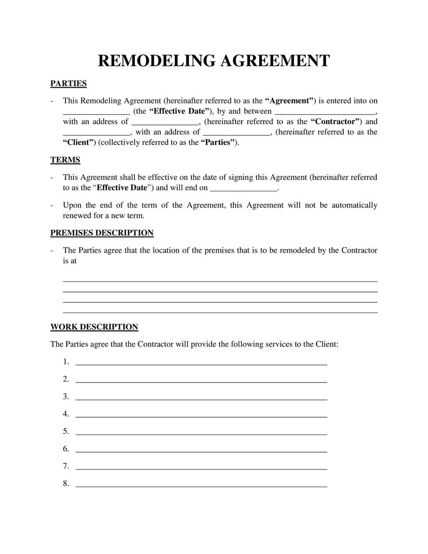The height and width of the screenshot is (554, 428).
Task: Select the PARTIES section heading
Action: (x=68, y=84)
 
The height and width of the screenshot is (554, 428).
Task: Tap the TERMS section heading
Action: (x=65, y=160)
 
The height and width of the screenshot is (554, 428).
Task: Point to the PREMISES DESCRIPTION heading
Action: (x=102, y=233)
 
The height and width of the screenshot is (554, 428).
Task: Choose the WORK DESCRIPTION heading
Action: (x=94, y=327)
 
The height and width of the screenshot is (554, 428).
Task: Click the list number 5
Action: (x=66, y=431)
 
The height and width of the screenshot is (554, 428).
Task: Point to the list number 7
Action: (x=66, y=466)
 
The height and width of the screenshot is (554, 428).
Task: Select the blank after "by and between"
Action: (x=325, y=112)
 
